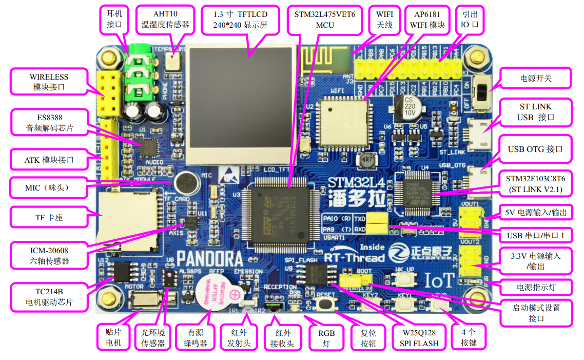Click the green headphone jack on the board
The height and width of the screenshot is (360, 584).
pyautogui.click(x=138, y=74)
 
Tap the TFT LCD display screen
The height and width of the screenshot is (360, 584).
pyautogui.click(x=241, y=101)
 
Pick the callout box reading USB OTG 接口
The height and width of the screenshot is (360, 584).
pyautogui.click(x=535, y=149)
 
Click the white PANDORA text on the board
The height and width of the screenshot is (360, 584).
pyautogui.click(x=209, y=258)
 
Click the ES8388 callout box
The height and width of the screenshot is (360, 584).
pyautogui.click(x=49, y=122)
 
